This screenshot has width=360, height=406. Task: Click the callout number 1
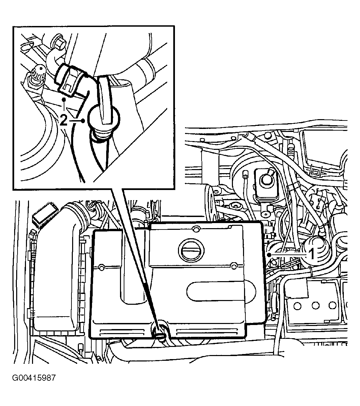tap(312, 254)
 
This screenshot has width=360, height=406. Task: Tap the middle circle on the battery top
tap(316, 305)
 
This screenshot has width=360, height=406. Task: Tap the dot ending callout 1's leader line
tap(269, 254)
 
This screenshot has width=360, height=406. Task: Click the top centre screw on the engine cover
tap(194, 230)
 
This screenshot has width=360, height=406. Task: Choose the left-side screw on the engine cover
tap(101, 268)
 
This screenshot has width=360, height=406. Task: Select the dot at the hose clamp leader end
tap(63, 100)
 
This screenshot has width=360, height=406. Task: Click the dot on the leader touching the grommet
tap(83, 120)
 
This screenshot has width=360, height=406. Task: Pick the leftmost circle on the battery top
tap(297, 306)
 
